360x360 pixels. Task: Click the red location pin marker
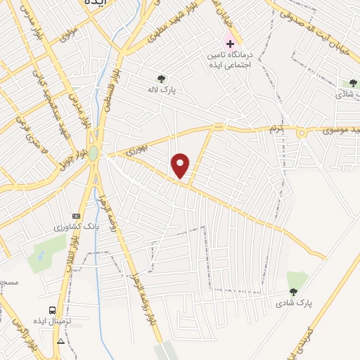pyautogui.click(x=181, y=165)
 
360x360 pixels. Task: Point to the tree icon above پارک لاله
pyautogui.click(x=162, y=79)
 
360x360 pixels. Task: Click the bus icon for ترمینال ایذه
pyautogui.click(x=53, y=310)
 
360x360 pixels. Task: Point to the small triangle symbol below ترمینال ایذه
pyautogui.click(x=61, y=342)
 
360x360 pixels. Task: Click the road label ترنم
pyautogui.click(x=274, y=129)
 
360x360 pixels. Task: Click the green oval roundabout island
pyautogui.click(x=94, y=153)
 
